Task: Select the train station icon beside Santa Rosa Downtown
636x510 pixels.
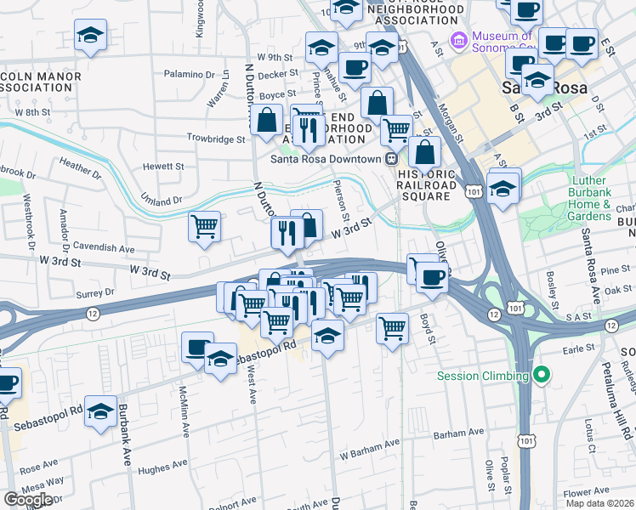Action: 391,159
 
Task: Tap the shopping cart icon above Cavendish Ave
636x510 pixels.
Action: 204,227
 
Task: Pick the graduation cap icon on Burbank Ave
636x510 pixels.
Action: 101,411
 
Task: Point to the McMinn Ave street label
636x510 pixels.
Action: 185,412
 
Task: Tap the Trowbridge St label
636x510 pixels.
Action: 216,138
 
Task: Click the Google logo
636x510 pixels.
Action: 28,500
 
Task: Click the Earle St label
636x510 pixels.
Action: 578,348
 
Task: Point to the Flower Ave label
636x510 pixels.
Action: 586,491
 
